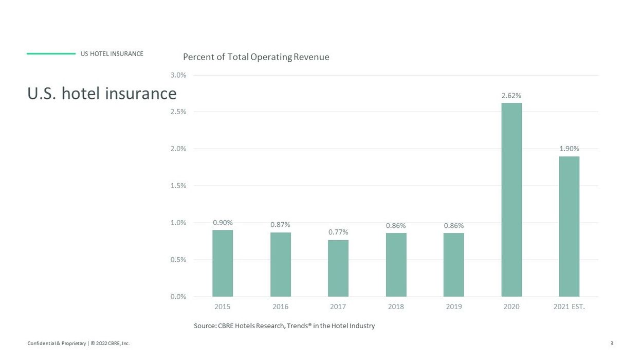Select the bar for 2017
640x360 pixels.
pos(338,268)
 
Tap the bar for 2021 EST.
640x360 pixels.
pos(569,226)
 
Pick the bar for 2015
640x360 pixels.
pos(223,263)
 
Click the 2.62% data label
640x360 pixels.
pos(511,96)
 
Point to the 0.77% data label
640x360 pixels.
pos(338,232)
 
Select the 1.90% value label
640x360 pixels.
pos(569,149)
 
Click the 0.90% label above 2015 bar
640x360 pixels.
pos(223,223)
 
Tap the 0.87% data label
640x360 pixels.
pos(280,225)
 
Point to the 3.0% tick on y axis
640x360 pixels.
pos(178,75)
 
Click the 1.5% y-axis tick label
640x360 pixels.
pos(178,186)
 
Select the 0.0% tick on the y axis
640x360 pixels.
pos(178,297)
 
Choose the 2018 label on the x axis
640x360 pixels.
pos(396,307)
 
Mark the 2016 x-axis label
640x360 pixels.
pos(280,307)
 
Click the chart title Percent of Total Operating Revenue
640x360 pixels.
pos(256,57)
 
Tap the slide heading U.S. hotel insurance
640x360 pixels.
pos(102,94)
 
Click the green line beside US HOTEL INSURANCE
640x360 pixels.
pos(51,53)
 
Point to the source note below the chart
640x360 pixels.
pos(284,326)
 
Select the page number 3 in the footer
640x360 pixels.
pos(611,344)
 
